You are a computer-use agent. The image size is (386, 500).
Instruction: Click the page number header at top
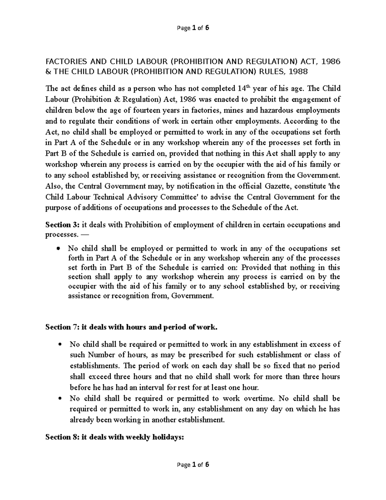click(193, 28)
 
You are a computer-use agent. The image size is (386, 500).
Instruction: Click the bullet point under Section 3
click(58, 249)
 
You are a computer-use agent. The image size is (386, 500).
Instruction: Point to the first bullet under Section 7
click(60, 344)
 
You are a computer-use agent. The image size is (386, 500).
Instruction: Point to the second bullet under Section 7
click(60, 399)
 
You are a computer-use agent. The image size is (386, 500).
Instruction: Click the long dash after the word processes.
click(84, 234)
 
